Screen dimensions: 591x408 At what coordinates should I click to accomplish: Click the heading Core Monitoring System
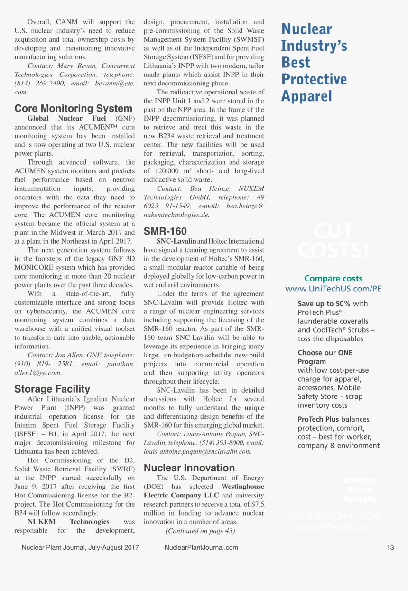coord(73,109)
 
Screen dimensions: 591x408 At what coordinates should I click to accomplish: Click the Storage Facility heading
coord(52,389)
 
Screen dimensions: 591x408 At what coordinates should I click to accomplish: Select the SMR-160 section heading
coord(165,231)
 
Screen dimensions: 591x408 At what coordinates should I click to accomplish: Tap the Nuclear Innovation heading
coord(189,468)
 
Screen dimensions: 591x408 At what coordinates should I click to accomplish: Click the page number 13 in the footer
coord(390,547)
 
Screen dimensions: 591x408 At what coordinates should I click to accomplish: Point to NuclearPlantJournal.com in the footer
coord(201,547)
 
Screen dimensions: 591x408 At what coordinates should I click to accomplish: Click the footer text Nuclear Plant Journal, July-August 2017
coord(80,547)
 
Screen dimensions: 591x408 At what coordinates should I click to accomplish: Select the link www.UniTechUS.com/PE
coord(333,289)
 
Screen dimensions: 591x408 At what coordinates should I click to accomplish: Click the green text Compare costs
coord(333,279)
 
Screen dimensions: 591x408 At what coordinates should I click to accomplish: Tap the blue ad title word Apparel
coord(306,96)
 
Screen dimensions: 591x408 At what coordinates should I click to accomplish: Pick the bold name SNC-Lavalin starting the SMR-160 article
coord(176,241)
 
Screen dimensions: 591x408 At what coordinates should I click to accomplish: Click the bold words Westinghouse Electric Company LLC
coord(204,491)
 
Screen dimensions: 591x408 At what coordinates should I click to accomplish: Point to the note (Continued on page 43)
coord(200,531)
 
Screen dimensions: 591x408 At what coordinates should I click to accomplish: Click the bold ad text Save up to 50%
coord(324,304)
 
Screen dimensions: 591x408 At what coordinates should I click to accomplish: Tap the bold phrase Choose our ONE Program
coord(325,357)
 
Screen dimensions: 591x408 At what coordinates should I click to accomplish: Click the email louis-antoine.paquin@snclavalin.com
coord(198,451)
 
